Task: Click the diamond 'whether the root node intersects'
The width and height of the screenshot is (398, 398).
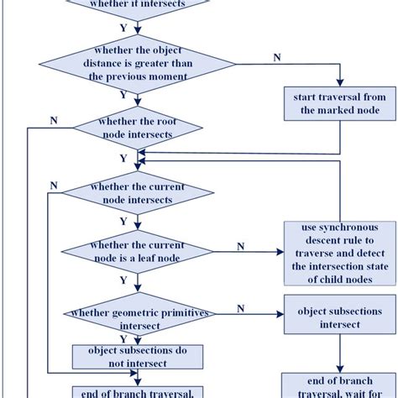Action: tap(137, 128)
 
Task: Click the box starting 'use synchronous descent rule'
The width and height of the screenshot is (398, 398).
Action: tap(338, 254)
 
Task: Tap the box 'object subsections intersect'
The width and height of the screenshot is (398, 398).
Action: tap(329, 317)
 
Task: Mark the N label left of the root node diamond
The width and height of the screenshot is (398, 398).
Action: tap(54, 120)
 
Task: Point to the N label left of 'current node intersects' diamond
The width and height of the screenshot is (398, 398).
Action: tap(54, 185)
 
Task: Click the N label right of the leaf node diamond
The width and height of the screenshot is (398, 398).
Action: tap(241, 245)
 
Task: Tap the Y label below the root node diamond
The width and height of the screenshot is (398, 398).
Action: tap(123, 158)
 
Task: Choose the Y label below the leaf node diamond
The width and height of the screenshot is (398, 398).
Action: tap(123, 280)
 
